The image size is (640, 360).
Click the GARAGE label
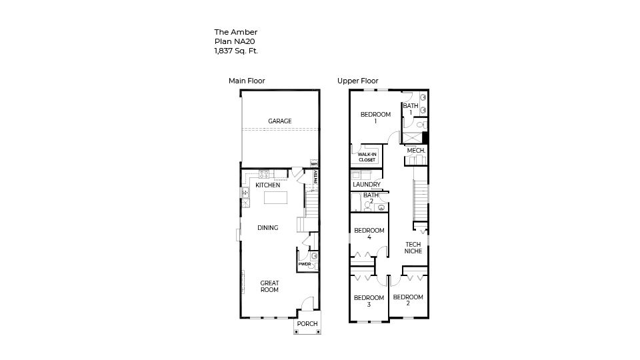pyautogui.click(x=280, y=121)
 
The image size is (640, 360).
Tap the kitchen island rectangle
pyautogui.click(x=273, y=198)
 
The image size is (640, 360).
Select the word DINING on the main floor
pyautogui.click(x=267, y=228)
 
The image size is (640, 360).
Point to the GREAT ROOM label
pyautogui.click(x=269, y=287)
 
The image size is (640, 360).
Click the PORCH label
pyautogui.click(x=307, y=324)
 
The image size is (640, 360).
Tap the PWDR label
pyautogui.click(x=304, y=264)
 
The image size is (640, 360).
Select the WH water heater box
pyautogui.click(x=314, y=163)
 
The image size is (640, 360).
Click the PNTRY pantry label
pyautogui.click(x=315, y=177)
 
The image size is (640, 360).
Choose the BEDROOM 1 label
pyautogui.click(x=375, y=118)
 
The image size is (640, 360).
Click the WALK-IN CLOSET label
pyautogui.click(x=367, y=157)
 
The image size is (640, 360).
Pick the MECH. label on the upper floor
pyautogui.click(x=416, y=151)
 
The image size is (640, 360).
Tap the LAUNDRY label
pyautogui.click(x=367, y=185)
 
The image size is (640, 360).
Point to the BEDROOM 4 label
pyautogui.click(x=368, y=234)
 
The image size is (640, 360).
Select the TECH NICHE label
pyautogui.click(x=414, y=247)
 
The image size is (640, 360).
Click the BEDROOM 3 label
pyautogui.click(x=369, y=301)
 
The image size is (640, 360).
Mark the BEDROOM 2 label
pyautogui.click(x=407, y=300)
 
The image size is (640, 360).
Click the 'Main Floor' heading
pyautogui.click(x=247, y=81)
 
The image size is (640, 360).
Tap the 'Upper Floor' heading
pyautogui.click(x=357, y=81)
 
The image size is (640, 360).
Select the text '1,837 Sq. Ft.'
pyautogui.click(x=236, y=51)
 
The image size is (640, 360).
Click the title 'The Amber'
pyautogui.click(x=235, y=32)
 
